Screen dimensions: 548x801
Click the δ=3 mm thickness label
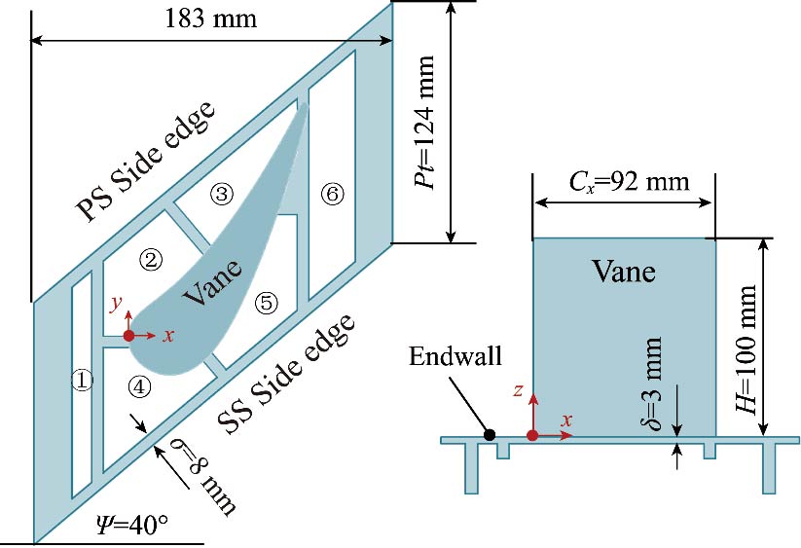[x=657, y=386]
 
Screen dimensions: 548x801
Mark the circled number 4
[x=139, y=386]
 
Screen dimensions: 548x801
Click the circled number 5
[x=266, y=303]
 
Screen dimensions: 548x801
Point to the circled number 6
[x=332, y=195]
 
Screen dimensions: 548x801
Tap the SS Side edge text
[x=283, y=381]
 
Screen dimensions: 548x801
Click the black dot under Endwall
[x=490, y=434]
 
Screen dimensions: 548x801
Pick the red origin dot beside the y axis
[x=129, y=336]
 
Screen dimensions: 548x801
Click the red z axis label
[x=520, y=391]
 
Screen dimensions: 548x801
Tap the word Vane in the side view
[x=624, y=272]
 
